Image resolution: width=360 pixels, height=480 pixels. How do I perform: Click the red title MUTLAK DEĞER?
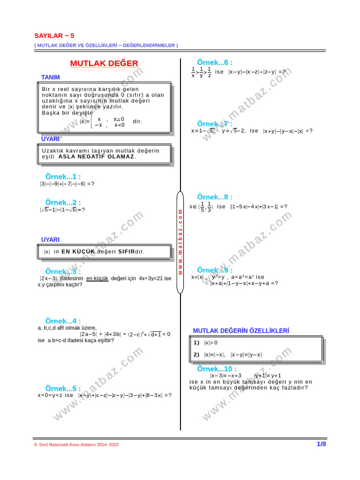coord(104,63)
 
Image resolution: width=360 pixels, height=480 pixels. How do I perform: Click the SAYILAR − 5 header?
coord(54,36)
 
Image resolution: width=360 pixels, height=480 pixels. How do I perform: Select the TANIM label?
coord(51,77)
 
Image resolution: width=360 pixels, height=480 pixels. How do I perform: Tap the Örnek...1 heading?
coord(63,177)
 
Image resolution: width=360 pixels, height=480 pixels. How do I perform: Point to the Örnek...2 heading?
coord(63,202)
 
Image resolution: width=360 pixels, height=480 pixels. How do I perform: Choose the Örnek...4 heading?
coord(63,321)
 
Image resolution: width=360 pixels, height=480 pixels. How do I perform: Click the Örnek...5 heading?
coord(63,389)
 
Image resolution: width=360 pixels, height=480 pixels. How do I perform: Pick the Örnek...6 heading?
coord(215,63)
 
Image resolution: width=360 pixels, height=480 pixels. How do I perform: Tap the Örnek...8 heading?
coord(215,197)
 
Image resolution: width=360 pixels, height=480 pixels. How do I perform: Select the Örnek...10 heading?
coord(217,369)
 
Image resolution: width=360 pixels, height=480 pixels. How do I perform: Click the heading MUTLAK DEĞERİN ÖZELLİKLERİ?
coord(241,331)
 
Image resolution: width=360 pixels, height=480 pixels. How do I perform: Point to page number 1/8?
coord(321,444)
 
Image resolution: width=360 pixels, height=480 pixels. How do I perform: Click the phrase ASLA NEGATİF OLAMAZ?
coord(97,156)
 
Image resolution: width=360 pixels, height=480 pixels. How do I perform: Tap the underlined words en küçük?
coord(97,278)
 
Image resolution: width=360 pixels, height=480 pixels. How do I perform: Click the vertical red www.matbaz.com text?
coord(180,242)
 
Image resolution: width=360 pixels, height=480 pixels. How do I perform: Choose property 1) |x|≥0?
coord(206,343)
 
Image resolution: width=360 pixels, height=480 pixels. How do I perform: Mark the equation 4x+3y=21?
coord(150,278)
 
